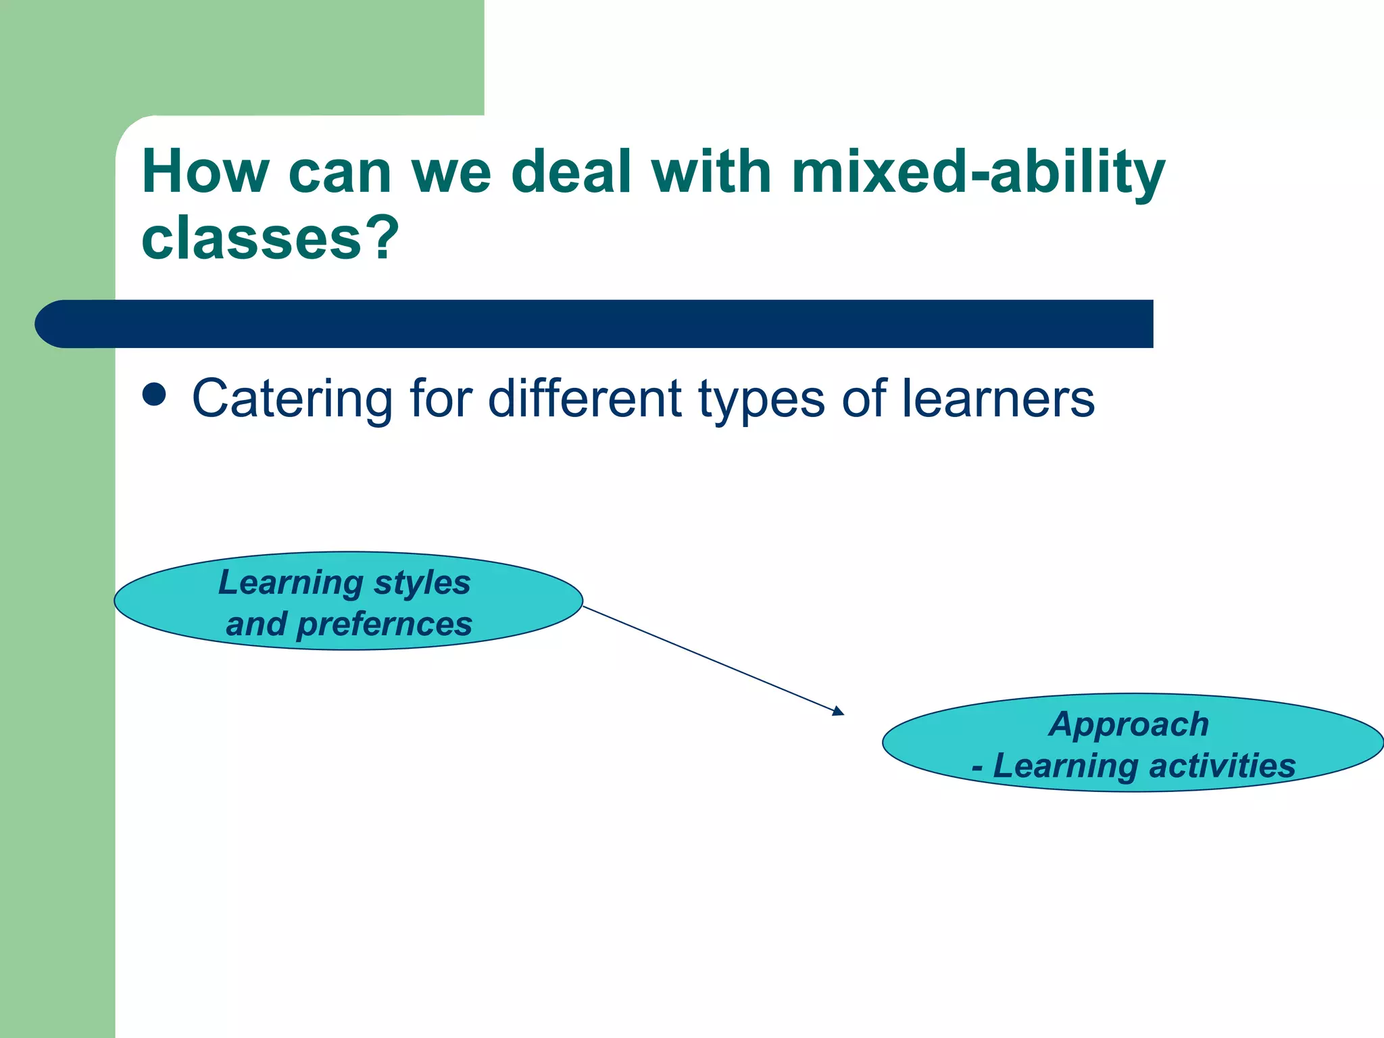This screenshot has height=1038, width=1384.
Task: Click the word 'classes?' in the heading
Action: click(x=270, y=238)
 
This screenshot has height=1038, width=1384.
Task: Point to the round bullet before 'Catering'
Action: click(x=154, y=395)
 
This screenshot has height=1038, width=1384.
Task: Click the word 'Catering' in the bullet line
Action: click(x=292, y=399)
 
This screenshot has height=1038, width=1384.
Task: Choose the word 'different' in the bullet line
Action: click(x=585, y=399)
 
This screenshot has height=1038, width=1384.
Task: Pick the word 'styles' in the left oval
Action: click(x=422, y=583)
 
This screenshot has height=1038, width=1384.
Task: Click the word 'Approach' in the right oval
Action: click(x=1129, y=724)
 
